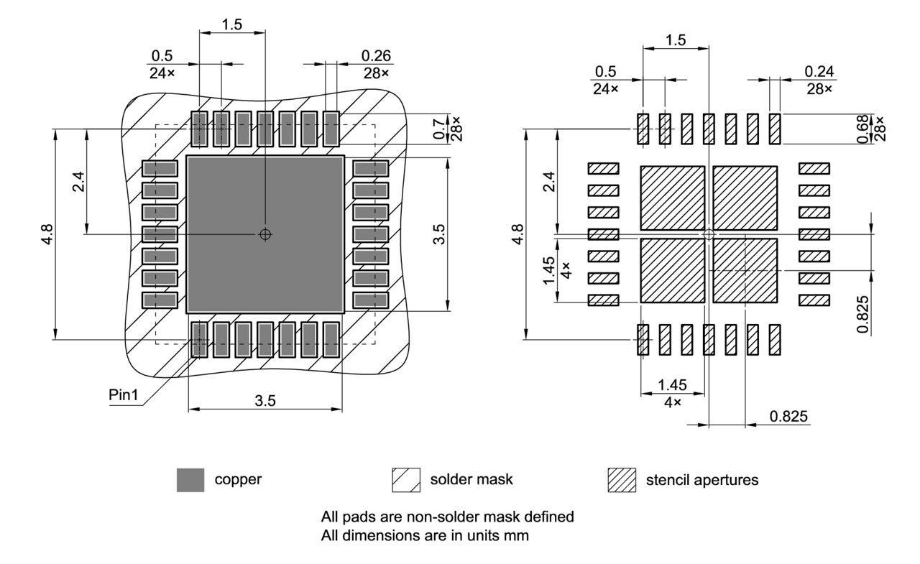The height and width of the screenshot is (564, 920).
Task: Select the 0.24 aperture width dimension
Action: pyautogui.click(x=819, y=71)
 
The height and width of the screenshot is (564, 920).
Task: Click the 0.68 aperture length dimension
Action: pyautogui.click(x=863, y=129)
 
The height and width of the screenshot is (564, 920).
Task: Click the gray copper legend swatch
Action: pyautogui.click(x=190, y=480)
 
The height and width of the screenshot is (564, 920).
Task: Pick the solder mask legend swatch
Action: pyautogui.click(x=405, y=480)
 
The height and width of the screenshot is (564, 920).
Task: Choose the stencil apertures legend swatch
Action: pyautogui.click(x=622, y=480)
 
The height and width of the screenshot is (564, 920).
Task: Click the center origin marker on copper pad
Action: pyautogui.click(x=265, y=234)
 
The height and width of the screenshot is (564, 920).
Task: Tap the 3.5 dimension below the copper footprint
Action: pyautogui.click(x=264, y=401)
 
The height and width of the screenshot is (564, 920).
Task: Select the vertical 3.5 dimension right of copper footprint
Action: pyautogui.click(x=439, y=234)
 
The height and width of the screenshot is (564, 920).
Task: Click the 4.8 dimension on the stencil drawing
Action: pyautogui.click(x=517, y=234)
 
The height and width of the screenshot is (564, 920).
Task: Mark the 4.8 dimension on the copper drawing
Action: pyautogui.click(x=47, y=234)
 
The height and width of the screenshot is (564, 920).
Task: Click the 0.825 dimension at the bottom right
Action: pyautogui.click(x=789, y=416)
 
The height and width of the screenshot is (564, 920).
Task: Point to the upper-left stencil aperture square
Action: pyautogui.click(x=672, y=198)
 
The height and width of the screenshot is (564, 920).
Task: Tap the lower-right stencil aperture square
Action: pyautogui.click(x=745, y=270)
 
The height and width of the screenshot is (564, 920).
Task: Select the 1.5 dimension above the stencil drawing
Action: pyautogui.click(x=675, y=40)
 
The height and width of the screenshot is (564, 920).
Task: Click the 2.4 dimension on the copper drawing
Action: pyautogui.click(x=78, y=182)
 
